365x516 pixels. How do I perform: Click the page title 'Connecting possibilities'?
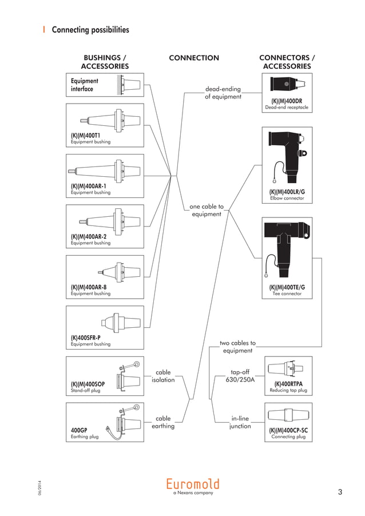[x=90, y=29]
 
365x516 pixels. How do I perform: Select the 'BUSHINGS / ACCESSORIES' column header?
[x=105, y=62]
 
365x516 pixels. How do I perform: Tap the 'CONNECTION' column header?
[x=194, y=58]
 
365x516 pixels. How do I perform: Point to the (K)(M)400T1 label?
[x=85, y=136]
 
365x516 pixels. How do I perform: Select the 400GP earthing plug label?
[x=79, y=430]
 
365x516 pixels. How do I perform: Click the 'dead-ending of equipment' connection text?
[x=223, y=93]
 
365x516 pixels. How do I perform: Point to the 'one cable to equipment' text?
[x=207, y=210]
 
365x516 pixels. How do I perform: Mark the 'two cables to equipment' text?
[x=237, y=347]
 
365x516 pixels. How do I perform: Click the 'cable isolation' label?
[x=163, y=376]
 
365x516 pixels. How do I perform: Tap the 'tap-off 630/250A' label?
[x=240, y=376]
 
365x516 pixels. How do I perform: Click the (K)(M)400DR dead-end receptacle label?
[x=287, y=101]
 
